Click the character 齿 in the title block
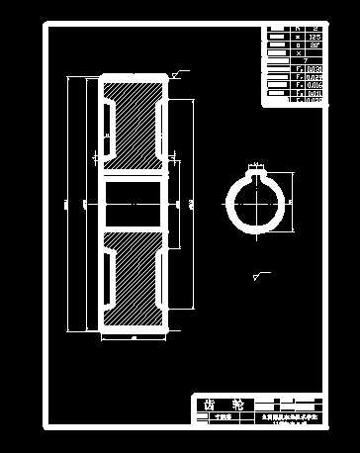(210, 405)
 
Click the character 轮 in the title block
(236, 405)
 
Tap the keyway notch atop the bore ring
(256, 176)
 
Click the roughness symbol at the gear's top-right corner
(177, 72)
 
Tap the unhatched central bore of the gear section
(132, 203)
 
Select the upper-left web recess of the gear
(107, 116)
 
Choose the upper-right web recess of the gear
(159, 116)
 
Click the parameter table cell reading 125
(315, 37)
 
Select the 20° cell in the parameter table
(315, 45)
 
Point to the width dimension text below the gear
(132, 337)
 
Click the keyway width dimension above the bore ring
(256, 164)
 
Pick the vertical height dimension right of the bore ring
(294, 202)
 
